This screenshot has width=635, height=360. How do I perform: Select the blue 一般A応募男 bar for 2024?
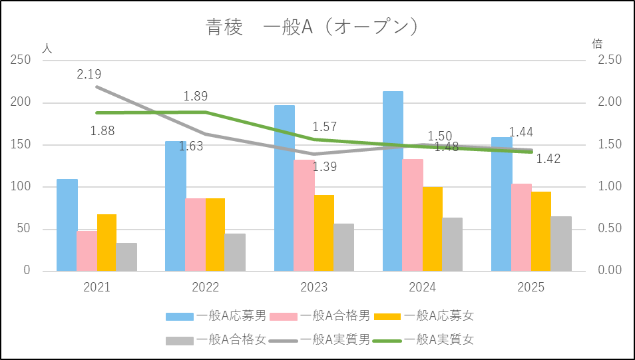click(x=393, y=181)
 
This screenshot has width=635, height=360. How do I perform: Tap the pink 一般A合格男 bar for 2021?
click(x=87, y=251)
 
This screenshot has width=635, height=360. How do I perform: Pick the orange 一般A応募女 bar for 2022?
click(x=215, y=234)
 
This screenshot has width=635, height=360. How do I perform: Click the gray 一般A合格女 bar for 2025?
click(x=561, y=244)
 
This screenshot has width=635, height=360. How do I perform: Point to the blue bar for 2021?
click(x=67, y=225)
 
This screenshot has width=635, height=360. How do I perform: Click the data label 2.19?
click(x=89, y=75)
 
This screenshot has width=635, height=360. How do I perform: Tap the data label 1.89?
click(x=196, y=96)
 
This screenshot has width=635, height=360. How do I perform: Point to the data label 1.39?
click(x=325, y=167)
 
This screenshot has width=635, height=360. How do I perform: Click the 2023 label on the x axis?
click(x=314, y=287)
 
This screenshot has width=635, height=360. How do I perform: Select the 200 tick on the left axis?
click(x=22, y=102)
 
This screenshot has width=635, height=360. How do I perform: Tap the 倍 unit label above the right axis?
click(x=597, y=44)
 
